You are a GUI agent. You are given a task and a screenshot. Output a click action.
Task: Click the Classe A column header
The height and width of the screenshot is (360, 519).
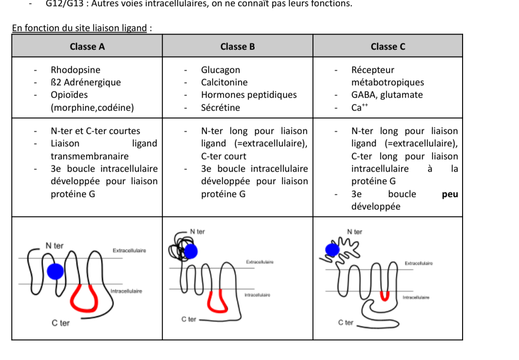[x=87, y=47]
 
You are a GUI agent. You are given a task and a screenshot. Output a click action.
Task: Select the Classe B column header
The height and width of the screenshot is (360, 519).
[x=238, y=47]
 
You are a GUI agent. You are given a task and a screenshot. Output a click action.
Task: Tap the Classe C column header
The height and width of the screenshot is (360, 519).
[x=388, y=47]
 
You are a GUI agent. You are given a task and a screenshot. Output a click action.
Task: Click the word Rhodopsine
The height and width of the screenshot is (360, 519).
[x=76, y=70]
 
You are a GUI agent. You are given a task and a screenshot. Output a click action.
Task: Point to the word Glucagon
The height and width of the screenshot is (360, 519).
[x=220, y=70]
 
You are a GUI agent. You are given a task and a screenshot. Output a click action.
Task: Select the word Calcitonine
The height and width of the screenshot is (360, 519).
[x=224, y=82]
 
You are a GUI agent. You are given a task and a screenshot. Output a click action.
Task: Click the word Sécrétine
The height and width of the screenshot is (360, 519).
[x=220, y=108]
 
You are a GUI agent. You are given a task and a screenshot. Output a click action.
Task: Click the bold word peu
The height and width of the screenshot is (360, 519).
[x=450, y=194]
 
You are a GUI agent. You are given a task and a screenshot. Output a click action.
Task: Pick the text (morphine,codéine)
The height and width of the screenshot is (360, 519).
[x=92, y=108]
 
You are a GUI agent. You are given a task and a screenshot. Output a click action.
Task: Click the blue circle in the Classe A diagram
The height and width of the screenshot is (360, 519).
[x=55, y=271]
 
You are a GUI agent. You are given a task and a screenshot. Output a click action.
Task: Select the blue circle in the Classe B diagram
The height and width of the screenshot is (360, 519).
[x=191, y=251]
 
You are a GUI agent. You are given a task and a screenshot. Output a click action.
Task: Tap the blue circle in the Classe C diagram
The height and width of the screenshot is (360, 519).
[x=332, y=250]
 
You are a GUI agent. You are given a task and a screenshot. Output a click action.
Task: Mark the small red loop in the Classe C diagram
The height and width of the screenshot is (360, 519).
[x=384, y=296]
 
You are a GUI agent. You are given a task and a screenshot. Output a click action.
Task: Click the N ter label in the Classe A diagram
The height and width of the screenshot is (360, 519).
[x=54, y=246]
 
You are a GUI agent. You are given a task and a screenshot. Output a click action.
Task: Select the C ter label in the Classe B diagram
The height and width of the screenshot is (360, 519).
[x=189, y=320]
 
